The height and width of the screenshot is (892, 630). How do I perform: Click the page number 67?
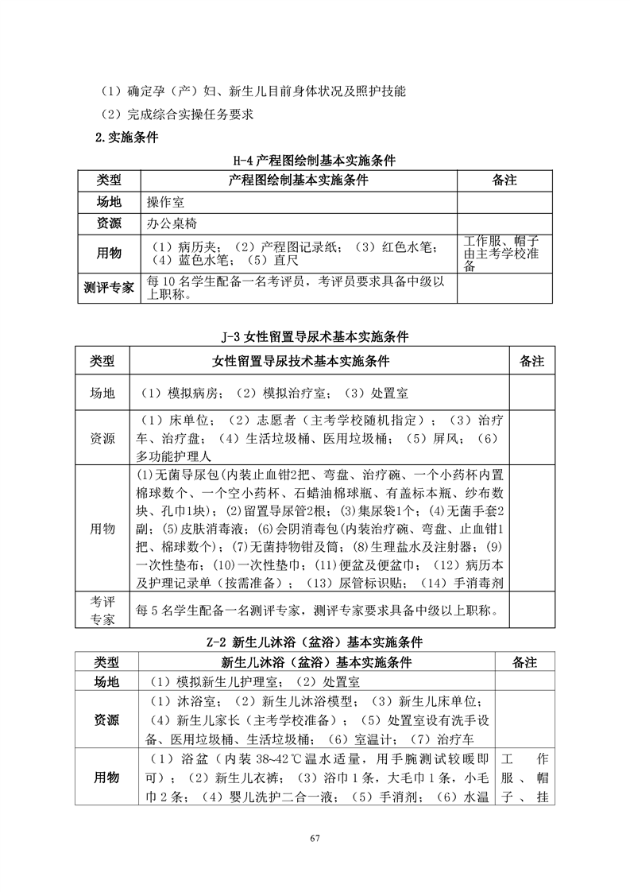[315, 839]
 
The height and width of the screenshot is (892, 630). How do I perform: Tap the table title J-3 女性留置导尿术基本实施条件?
[315, 337]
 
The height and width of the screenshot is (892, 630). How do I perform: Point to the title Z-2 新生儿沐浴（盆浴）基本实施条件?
[315, 642]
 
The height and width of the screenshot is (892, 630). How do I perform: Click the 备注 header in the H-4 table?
[504, 180]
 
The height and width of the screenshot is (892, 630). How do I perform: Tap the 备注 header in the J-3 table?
[531, 361]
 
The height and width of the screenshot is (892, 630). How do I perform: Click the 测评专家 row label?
[108, 288]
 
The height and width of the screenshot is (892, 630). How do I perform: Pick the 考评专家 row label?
[102, 611]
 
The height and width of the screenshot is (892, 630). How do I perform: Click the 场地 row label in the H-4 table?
[108, 203]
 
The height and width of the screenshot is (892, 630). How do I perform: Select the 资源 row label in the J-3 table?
[102, 438]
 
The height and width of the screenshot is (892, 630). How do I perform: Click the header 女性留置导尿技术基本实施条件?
[318, 361]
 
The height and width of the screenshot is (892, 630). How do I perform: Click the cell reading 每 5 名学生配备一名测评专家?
[318, 611]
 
